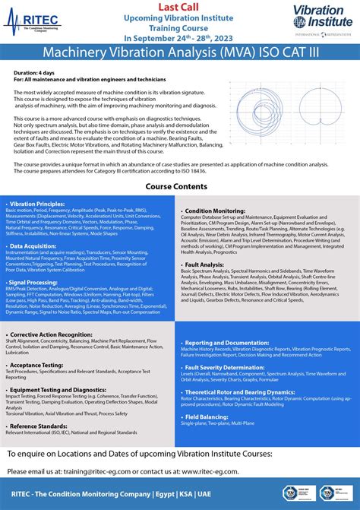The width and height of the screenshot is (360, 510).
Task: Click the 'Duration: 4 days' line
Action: (x=33, y=71)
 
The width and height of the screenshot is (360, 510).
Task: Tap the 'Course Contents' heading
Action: (x=179, y=186)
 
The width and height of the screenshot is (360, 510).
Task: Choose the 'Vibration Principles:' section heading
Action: (x=37, y=204)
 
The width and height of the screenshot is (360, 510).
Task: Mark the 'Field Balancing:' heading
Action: (x=207, y=417)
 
